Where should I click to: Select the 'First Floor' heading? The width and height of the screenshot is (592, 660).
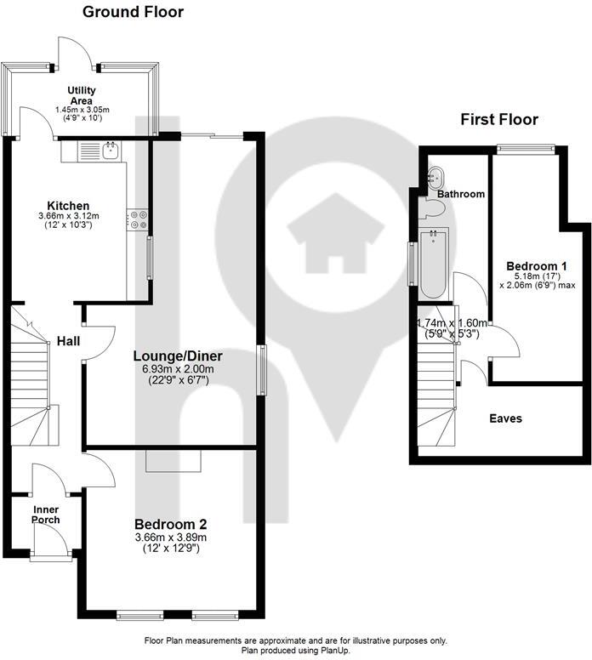click(x=499, y=119)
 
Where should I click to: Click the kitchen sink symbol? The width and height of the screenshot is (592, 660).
click(x=110, y=151)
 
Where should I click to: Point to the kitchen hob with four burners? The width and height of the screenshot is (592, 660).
click(x=137, y=219)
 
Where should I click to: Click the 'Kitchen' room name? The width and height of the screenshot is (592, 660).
click(x=68, y=206)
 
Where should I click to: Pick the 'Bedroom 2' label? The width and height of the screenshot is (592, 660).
click(x=171, y=525)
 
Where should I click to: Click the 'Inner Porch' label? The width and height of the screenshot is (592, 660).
click(x=46, y=515)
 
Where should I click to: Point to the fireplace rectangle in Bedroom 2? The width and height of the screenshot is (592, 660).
click(x=174, y=459)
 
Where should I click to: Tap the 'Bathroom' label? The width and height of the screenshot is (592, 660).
click(x=461, y=194)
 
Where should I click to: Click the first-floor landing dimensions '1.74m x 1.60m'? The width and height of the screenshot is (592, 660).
click(x=451, y=323)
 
